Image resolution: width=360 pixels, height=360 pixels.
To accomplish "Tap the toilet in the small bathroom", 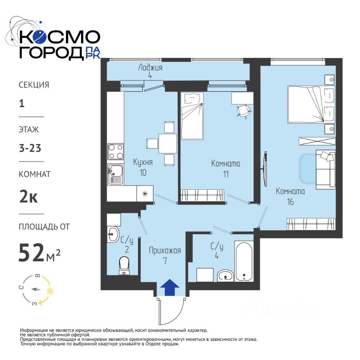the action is (124, 266).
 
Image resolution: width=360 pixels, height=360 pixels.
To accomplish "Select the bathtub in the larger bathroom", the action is (244, 261).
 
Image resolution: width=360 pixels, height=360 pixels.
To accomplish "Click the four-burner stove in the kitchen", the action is (116, 151).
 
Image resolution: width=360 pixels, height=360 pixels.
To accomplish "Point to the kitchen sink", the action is (116, 174).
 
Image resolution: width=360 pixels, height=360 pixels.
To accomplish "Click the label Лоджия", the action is (150, 68).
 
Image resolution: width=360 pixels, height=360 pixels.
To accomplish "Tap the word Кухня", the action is (143, 162).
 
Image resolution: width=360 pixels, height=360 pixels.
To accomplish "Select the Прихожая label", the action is (165, 250).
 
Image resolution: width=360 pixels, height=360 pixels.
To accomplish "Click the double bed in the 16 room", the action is (311, 105).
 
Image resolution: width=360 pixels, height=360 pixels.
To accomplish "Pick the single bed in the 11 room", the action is (192, 116).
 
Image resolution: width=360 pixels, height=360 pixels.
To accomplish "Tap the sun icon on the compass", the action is (50, 291).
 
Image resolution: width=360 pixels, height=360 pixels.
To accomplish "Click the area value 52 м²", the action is (39, 252).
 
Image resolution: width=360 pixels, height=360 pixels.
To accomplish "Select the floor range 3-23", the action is (30, 148).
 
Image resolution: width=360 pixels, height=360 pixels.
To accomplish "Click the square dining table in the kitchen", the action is (168, 144).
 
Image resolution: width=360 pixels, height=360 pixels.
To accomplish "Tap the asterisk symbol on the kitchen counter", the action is (145, 194).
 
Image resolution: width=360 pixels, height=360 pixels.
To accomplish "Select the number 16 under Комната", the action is (290, 202).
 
